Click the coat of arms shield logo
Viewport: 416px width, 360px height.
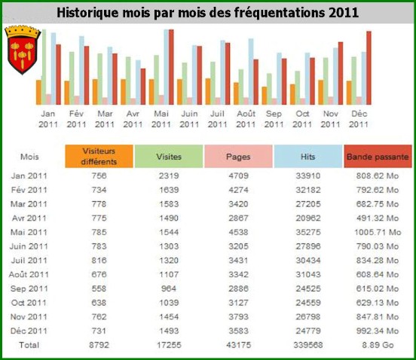click(x=23, y=50)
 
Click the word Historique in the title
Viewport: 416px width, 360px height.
click(x=88, y=13)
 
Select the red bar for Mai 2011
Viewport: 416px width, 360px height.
click(x=171, y=67)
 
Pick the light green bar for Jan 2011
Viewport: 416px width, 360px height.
click(x=44, y=67)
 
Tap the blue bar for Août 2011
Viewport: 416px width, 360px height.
click(x=251, y=72)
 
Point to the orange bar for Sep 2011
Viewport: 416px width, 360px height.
click(x=265, y=96)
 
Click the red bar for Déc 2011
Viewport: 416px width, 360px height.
click(x=369, y=68)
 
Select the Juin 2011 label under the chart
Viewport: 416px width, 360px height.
click(x=189, y=119)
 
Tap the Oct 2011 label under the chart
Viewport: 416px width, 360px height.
click(x=302, y=119)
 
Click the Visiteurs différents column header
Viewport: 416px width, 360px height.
click(x=99, y=157)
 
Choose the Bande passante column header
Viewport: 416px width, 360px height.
click(x=378, y=157)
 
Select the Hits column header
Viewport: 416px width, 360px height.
click(x=308, y=157)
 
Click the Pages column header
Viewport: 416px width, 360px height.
click(x=238, y=157)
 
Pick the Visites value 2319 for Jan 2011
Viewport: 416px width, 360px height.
click(x=169, y=175)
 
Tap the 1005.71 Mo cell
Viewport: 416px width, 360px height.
click(x=378, y=232)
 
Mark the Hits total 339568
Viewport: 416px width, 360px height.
click(x=308, y=345)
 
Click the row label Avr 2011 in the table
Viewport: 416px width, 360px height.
click(x=29, y=218)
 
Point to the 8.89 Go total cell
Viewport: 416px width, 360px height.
click(x=378, y=345)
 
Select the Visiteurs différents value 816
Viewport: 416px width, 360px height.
click(x=99, y=261)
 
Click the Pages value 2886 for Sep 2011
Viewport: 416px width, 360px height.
click(x=238, y=288)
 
